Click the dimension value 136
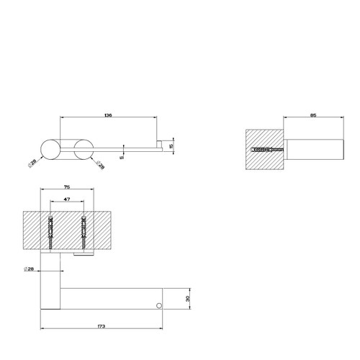coord(108,114)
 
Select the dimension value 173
coord(102,326)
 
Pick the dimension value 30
coord(188,299)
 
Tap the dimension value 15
coord(171,147)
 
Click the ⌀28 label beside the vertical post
coord(30,269)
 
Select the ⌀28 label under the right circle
coord(99,166)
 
